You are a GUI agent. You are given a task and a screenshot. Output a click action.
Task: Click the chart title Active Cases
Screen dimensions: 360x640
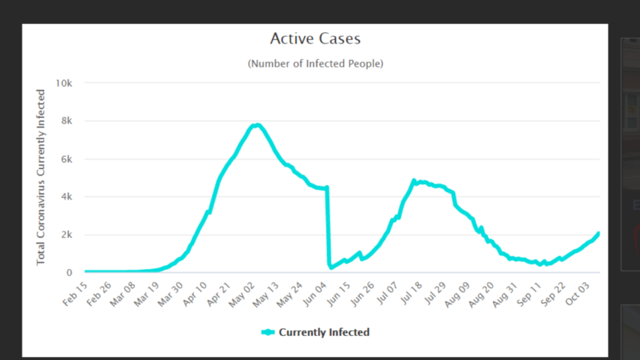[315, 38]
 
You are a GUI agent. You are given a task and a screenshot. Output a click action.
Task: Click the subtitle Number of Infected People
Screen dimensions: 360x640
[315, 64]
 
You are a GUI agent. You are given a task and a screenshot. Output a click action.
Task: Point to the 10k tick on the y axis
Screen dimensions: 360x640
[62, 83]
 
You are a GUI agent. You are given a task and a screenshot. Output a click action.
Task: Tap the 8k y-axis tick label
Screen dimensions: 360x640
[65, 121]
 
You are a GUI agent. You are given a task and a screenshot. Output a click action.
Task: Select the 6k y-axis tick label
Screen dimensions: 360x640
[65, 159]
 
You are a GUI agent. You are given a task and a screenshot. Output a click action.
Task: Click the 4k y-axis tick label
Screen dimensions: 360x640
[65, 197]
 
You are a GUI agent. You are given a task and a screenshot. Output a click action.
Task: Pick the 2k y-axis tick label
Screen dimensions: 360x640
[65, 235]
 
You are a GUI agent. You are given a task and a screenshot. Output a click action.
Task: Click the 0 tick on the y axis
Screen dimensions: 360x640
[69, 273]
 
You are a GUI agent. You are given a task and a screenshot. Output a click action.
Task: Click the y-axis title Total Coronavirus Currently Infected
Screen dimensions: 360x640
[41, 177]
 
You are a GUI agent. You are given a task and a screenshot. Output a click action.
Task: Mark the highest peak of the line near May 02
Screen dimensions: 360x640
[257, 124]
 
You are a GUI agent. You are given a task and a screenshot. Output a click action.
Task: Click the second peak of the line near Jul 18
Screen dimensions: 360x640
[414, 181]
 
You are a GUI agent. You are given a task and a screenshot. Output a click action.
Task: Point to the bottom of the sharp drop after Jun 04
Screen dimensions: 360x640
[330, 266]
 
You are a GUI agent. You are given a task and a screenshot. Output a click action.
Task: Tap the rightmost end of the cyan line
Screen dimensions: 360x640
[599, 233]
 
